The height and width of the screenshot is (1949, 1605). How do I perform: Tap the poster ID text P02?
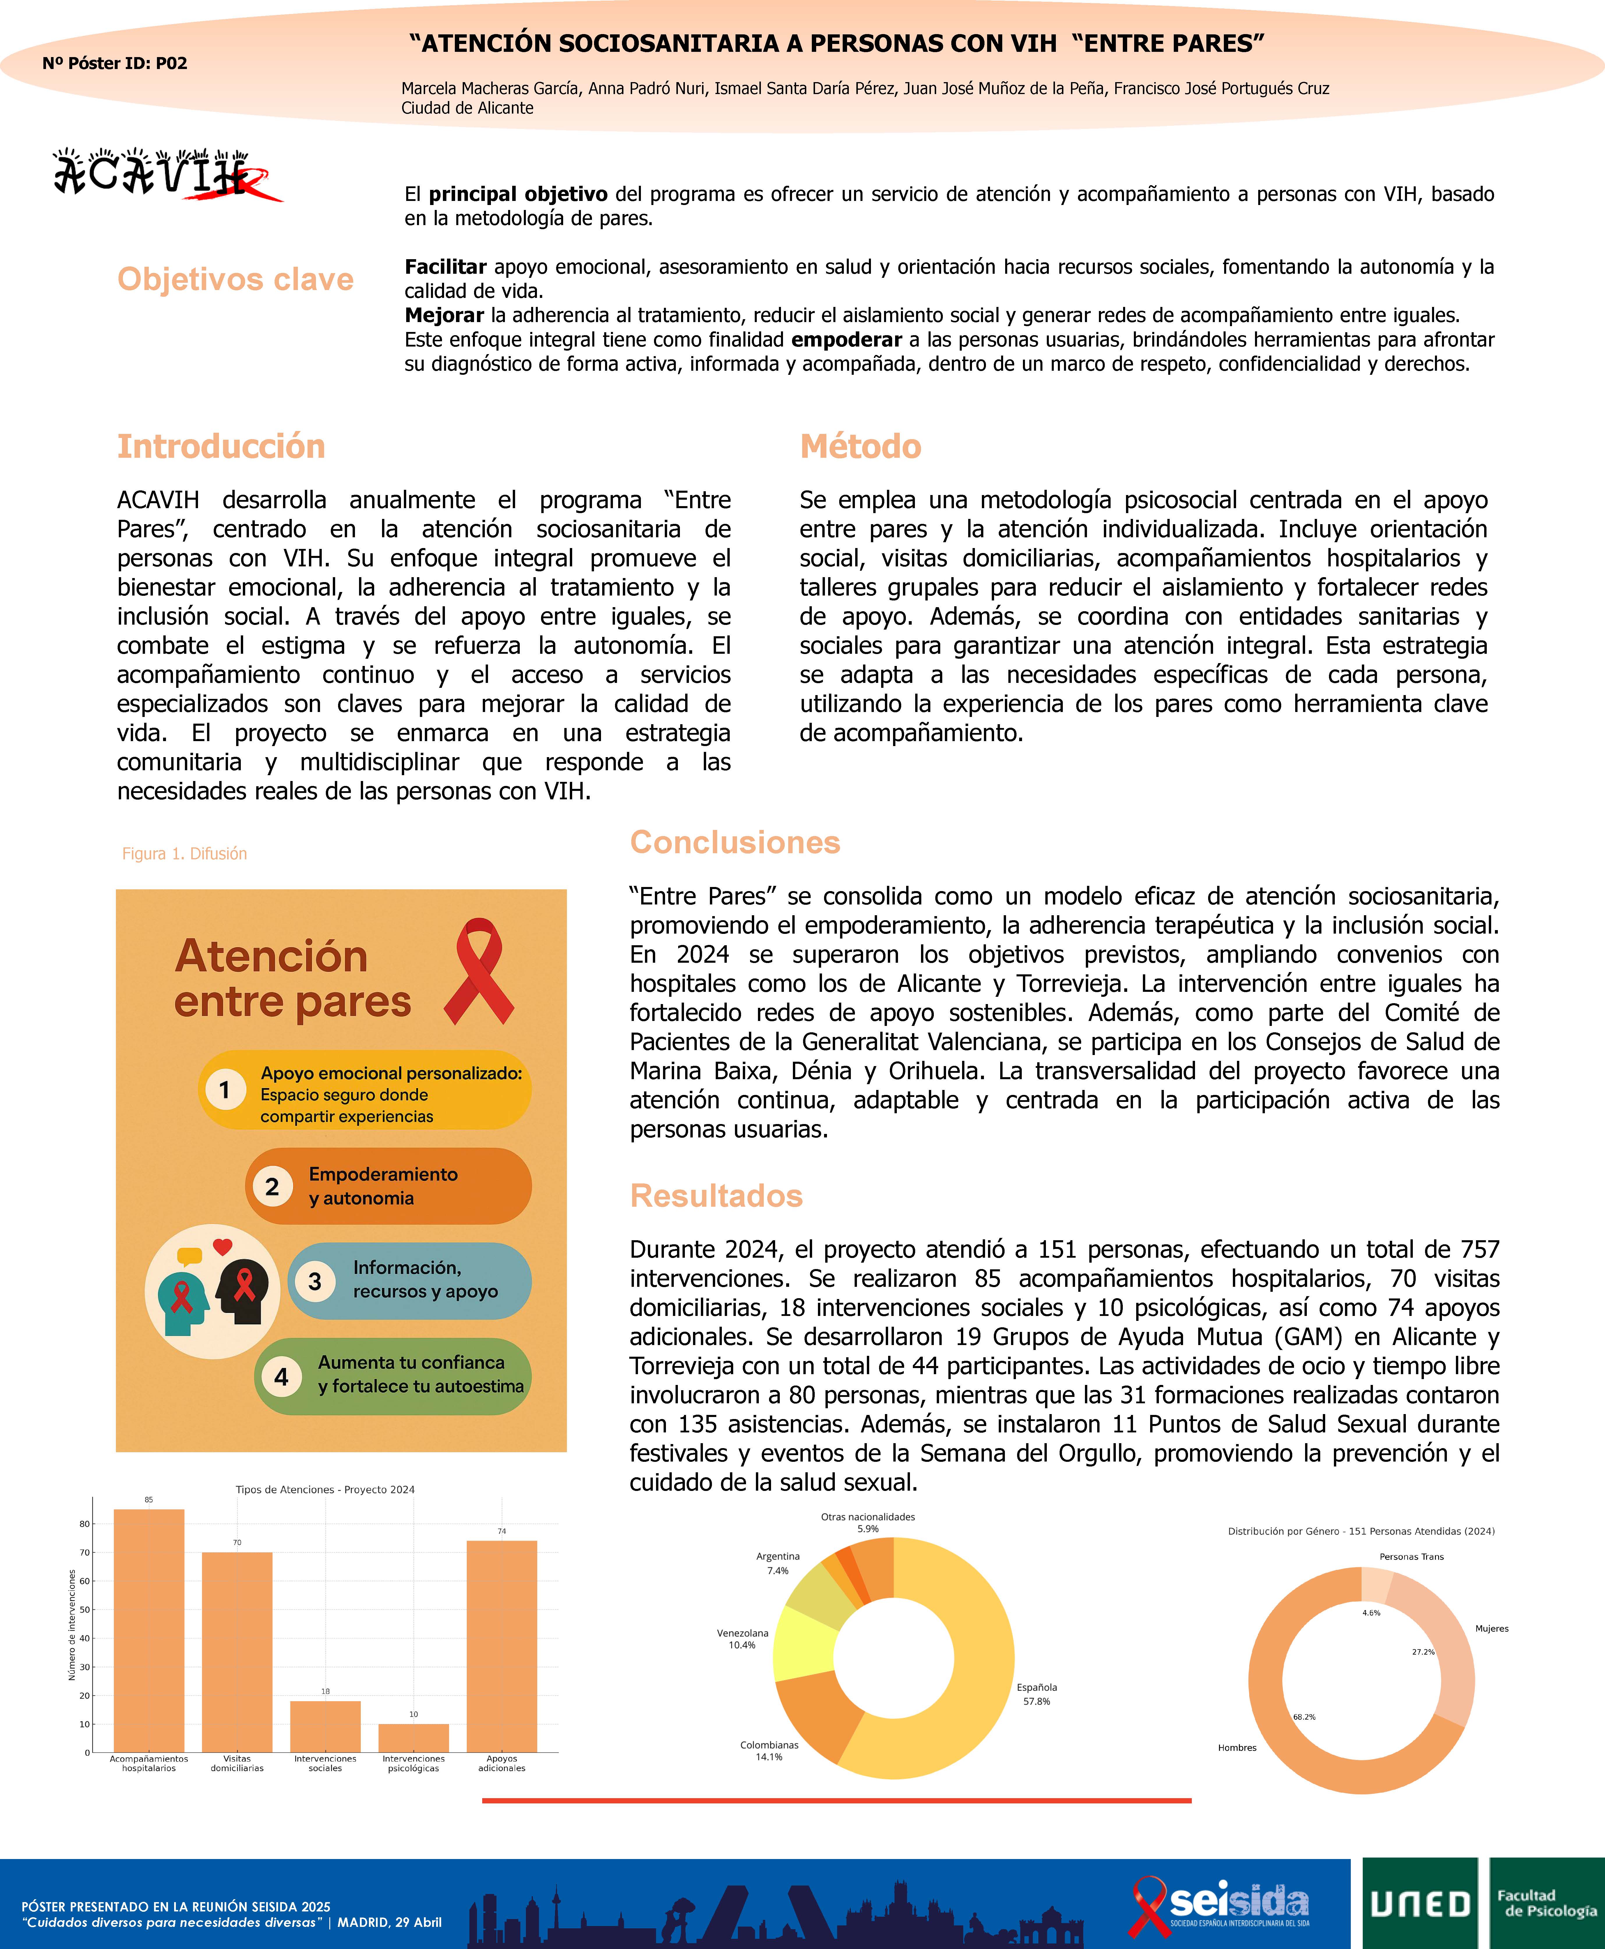tap(115, 63)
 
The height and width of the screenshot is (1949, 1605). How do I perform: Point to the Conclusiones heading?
tap(735, 842)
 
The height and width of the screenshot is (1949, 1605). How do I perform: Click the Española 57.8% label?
tap(1036, 1694)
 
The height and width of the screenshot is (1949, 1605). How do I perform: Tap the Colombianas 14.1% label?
tap(769, 1750)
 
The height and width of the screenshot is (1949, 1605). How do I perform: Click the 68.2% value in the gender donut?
tap(1304, 1717)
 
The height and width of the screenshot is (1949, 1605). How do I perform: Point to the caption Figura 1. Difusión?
tap(185, 854)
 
